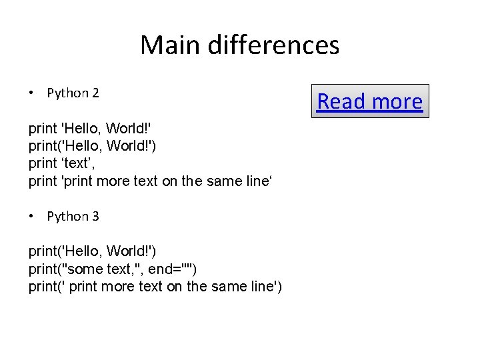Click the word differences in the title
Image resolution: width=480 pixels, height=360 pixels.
pos(273,45)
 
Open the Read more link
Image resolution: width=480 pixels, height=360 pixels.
pos(369,101)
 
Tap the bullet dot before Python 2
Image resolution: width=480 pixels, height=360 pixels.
pos(32,93)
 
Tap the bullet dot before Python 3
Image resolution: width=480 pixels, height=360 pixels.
pos(32,216)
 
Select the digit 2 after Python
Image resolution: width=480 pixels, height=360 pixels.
pos(95,93)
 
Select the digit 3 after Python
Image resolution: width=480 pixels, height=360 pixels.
pos(95,216)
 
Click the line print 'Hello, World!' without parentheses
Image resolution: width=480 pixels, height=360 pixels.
pos(91,129)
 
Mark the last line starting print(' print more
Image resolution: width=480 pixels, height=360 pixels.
pos(155,287)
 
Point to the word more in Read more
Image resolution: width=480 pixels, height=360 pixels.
pos(397,101)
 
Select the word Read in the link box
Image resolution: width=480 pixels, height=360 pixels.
pos(342,101)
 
